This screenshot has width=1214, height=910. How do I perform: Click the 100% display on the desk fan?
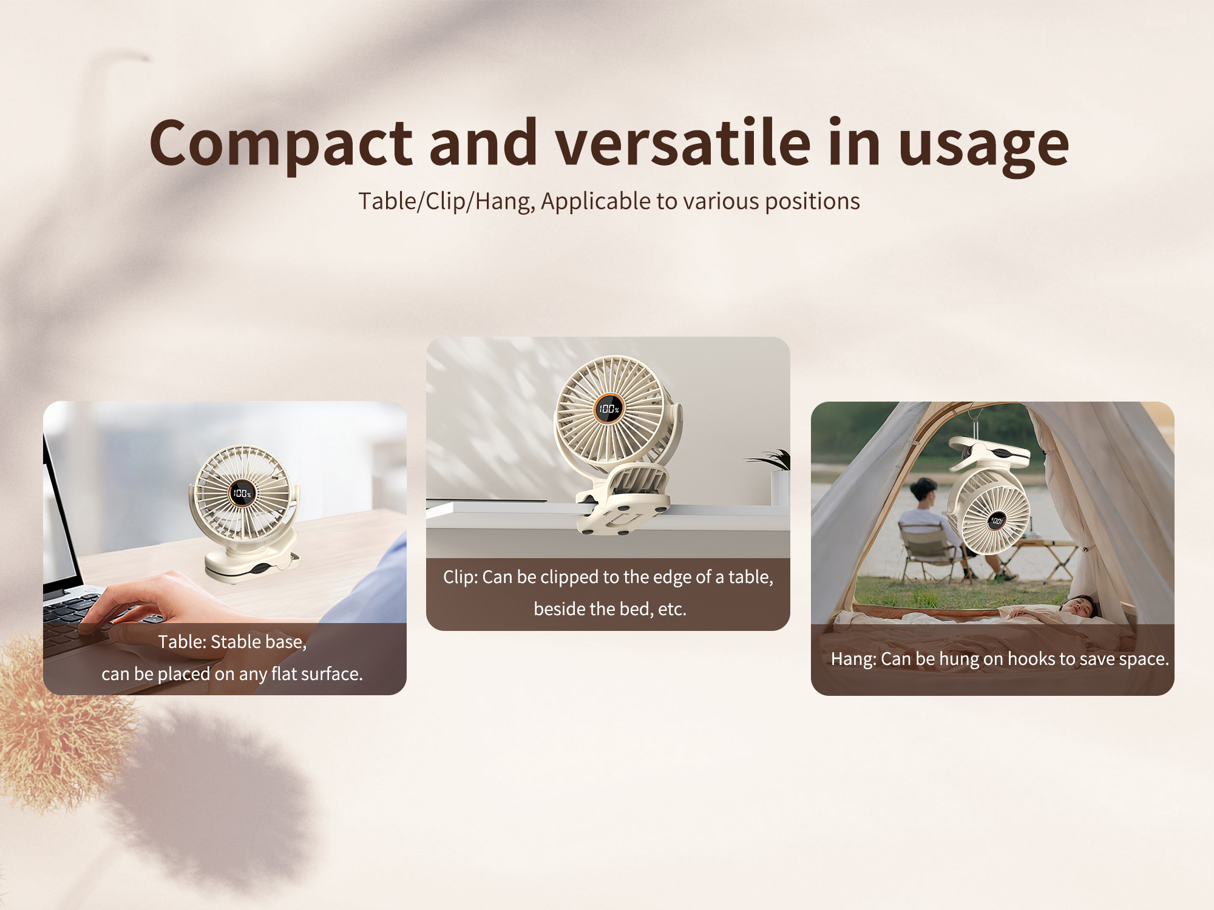click(241, 493)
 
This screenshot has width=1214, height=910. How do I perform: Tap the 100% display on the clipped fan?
click(608, 409)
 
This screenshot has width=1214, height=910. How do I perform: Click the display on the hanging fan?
click(996, 521)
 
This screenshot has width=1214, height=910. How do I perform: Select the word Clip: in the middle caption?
click(460, 577)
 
